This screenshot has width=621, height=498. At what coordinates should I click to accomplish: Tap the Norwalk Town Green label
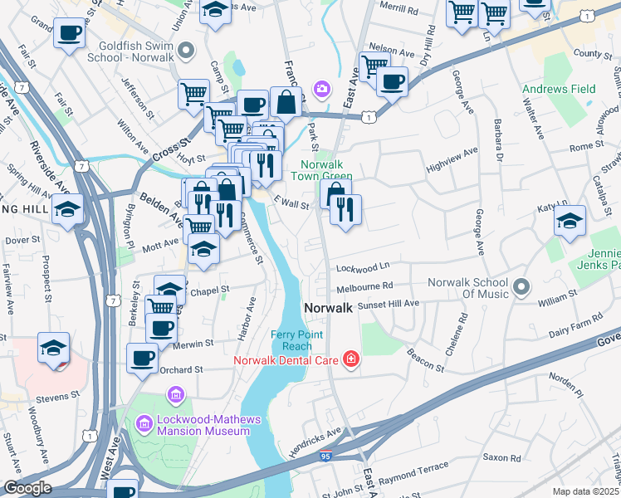point(322,170)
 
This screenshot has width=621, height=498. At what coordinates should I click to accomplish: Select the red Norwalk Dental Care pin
point(352,359)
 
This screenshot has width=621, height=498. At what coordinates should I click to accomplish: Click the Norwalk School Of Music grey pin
point(521,288)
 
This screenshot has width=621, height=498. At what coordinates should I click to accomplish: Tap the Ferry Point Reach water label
point(291,340)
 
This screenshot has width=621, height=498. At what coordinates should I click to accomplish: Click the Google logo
point(27,488)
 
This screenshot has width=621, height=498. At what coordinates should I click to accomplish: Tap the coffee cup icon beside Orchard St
point(142,359)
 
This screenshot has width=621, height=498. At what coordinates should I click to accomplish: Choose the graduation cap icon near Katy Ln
point(570,221)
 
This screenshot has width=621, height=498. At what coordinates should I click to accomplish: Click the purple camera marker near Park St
point(321,88)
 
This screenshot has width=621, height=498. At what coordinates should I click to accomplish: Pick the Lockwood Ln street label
point(363,268)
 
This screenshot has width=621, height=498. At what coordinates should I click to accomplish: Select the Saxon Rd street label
point(502,457)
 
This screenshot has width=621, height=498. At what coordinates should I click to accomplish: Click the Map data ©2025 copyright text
point(585,491)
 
